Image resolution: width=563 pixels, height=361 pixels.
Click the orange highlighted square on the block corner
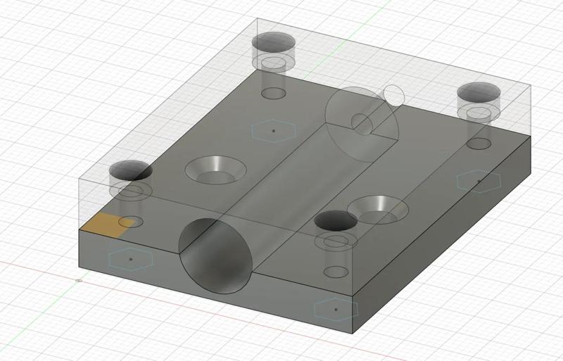108,223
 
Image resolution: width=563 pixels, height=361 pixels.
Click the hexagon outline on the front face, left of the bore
131,259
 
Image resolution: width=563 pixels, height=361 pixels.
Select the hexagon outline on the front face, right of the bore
336,309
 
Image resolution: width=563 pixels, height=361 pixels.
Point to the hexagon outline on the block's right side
479,181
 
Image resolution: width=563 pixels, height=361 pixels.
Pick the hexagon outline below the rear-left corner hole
272,130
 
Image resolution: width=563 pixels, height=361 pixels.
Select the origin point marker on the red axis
78,281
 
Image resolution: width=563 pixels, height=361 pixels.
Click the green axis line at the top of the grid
343,28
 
